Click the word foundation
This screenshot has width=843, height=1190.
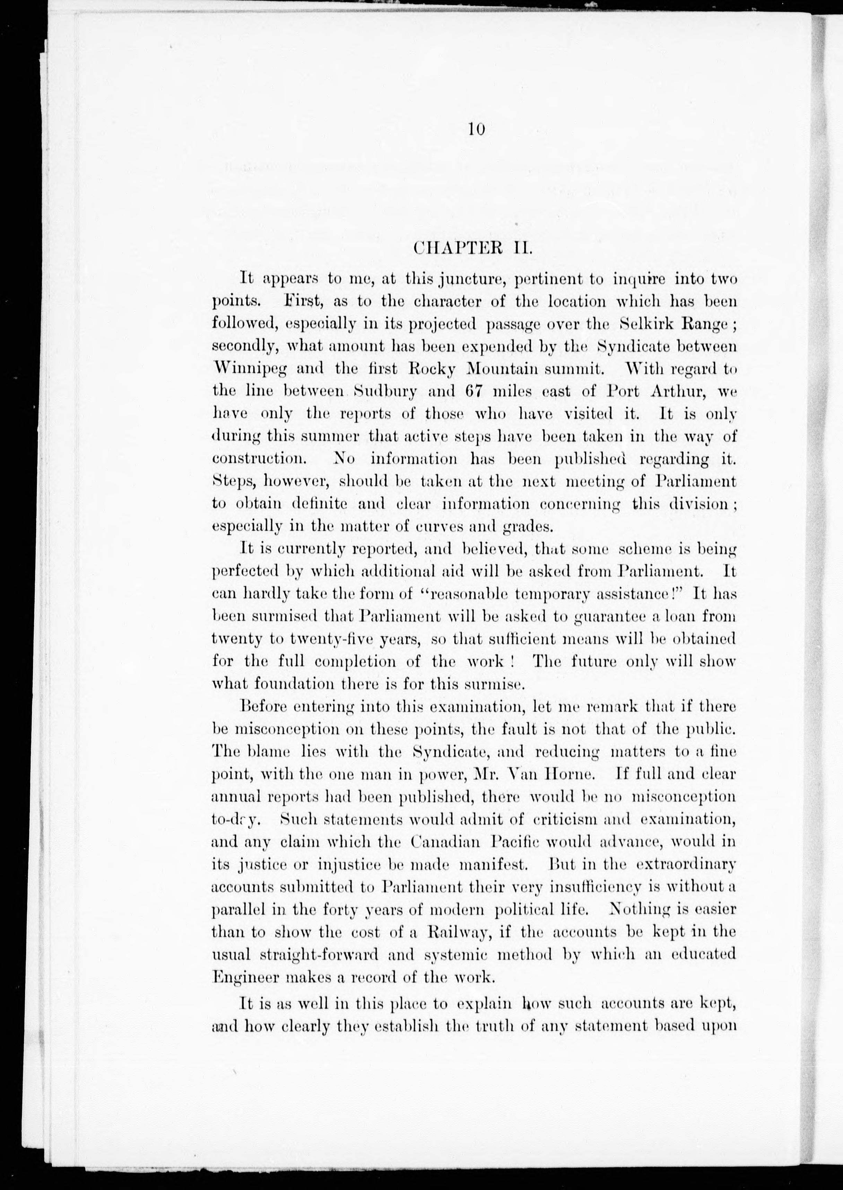281,684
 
